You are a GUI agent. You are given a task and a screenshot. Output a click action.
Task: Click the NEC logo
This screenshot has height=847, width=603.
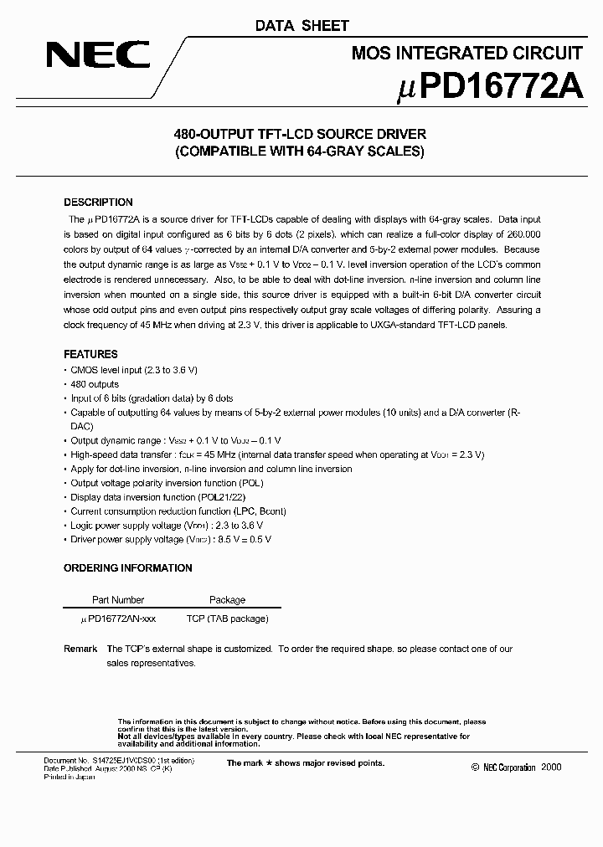pyautogui.click(x=98, y=56)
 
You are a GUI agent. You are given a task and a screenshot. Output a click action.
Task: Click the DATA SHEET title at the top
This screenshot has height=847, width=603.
pyautogui.click(x=301, y=27)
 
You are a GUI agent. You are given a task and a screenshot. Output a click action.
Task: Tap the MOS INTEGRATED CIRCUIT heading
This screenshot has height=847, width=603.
pyautogui.click(x=466, y=54)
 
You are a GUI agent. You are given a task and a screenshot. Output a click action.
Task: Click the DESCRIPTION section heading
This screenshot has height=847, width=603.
pyautogui.click(x=98, y=203)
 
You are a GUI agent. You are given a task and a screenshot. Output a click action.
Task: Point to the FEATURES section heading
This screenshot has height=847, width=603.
pyautogui.click(x=90, y=354)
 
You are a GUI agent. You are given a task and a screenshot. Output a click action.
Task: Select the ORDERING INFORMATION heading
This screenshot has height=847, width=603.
pyautogui.click(x=128, y=568)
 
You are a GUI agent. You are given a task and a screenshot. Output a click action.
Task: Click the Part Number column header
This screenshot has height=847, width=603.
pyautogui.click(x=117, y=600)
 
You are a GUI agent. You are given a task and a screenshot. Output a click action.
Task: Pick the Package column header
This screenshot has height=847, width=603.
pyautogui.click(x=227, y=600)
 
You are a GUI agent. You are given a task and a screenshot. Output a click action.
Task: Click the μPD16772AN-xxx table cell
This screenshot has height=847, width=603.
pyautogui.click(x=117, y=619)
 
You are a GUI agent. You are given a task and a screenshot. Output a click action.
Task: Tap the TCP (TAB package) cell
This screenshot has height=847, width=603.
pyautogui.click(x=227, y=619)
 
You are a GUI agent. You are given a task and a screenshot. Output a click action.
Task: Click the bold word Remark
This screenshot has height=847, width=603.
pyautogui.click(x=80, y=649)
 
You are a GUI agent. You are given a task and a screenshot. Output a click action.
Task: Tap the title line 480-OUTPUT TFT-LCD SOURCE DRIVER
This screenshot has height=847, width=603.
pyautogui.click(x=300, y=134)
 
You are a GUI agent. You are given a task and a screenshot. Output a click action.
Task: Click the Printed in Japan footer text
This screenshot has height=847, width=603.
pyautogui.click(x=70, y=777)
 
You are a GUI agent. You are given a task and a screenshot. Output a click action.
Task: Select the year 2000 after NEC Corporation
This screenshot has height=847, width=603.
pyautogui.click(x=552, y=767)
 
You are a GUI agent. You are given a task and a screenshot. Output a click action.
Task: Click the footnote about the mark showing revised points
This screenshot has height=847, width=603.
pyautogui.click(x=306, y=763)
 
